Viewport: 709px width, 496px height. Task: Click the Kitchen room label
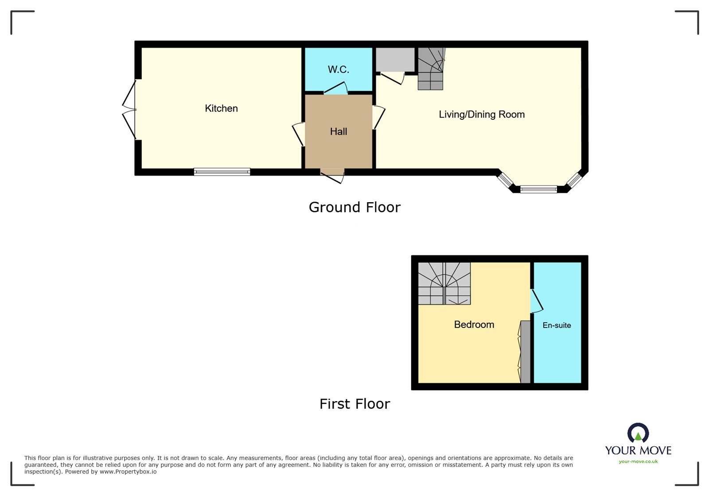pos(221,109)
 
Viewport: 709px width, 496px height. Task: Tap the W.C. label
pos(339,70)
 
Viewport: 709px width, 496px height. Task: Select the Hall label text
pos(339,132)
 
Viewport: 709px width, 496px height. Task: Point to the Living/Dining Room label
pos(482,114)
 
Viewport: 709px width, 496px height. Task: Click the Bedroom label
pos(474,324)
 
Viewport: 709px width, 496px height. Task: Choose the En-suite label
pos(557,325)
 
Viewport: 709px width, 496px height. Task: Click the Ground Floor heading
pos(354,207)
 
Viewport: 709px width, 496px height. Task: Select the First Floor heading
pos(354,404)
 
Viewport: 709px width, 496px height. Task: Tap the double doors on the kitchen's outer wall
pos(129,109)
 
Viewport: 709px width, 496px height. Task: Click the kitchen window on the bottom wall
pos(222,172)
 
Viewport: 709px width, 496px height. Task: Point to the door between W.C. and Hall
pos(336,90)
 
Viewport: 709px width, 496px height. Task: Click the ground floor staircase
pos(431,69)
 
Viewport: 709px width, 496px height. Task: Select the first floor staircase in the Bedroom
pos(444,283)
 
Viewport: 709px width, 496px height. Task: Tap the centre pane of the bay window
pos(538,189)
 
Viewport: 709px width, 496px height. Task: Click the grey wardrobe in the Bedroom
pos(525,351)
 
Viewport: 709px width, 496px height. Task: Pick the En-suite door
pos(537,301)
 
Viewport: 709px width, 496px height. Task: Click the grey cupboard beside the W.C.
pos(395,59)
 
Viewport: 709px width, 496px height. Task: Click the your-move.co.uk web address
pos(638,461)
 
